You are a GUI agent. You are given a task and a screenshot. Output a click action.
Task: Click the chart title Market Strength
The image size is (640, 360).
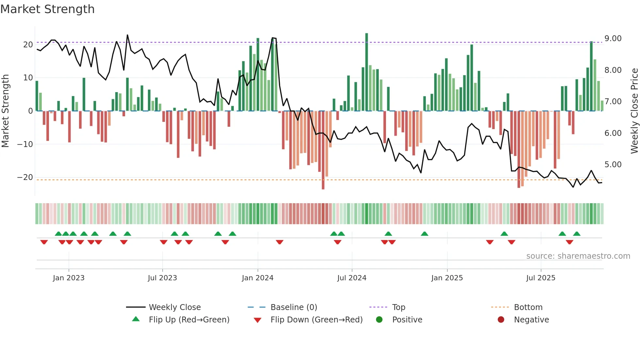coord(47,9)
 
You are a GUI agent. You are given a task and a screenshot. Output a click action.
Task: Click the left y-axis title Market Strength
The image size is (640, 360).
coord(5,111)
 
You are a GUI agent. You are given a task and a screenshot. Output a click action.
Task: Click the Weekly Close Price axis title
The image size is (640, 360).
coord(634,111)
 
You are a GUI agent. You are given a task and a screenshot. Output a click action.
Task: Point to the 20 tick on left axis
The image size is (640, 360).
coord(28,45)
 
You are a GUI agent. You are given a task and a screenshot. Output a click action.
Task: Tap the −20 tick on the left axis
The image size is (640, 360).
coord(25,177)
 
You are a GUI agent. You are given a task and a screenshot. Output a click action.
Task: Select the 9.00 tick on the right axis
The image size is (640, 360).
coord(613,39)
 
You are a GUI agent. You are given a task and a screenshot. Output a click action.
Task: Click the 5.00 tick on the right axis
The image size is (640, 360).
coord(613,165)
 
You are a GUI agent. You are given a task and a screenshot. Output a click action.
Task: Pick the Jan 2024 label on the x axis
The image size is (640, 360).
coord(258,278)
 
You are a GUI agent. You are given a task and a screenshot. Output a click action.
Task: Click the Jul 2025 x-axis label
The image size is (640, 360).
coord(541,278)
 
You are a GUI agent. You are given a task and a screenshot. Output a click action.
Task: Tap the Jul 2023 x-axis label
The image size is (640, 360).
coord(162,278)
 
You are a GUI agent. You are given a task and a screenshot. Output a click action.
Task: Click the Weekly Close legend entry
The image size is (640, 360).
coord(174,307)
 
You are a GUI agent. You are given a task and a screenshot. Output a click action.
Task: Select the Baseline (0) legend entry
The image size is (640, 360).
coord(294,307)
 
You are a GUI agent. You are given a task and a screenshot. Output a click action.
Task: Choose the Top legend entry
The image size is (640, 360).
coord(398,307)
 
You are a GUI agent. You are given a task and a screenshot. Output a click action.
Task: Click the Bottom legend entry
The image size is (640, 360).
coord(528,307)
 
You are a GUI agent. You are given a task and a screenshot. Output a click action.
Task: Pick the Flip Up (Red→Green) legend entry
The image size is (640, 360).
coord(189,319)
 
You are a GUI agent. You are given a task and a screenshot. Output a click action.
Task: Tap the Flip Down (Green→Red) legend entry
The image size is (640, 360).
coord(316,319)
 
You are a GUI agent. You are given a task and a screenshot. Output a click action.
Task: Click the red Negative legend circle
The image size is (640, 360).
coord(501,319)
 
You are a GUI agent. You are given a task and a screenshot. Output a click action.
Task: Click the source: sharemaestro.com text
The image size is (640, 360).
coord(578,256)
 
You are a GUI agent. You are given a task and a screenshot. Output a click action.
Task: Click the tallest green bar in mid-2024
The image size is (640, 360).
coord(367,72)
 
